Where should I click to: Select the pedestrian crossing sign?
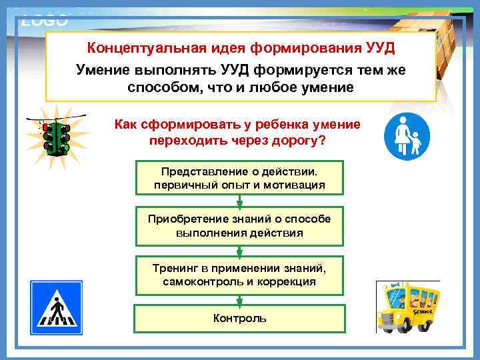[x=56, y=307]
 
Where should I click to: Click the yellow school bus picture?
[x=408, y=306]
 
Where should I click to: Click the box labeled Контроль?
[x=240, y=319]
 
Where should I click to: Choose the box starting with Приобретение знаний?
[x=240, y=227]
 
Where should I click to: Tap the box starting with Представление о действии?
[x=240, y=177]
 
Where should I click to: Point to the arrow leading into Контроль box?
[x=240, y=299]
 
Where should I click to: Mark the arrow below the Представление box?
[x=240, y=201]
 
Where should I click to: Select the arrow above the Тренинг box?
[x=240, y=251]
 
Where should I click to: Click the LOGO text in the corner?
[x=45, y=21]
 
